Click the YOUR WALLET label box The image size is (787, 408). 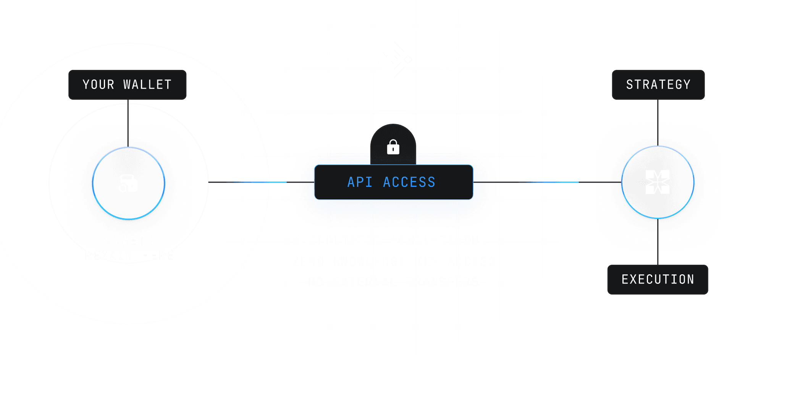(x=127, y=85)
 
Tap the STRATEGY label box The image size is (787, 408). (x=658, y=85)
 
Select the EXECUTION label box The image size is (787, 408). (x=658, y=280)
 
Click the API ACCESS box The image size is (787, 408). (x=393, y=182)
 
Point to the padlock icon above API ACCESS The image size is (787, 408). (x=393, y=147)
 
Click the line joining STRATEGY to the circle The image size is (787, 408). (x=658, y=122)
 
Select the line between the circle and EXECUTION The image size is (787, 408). (x=658, y=241)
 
